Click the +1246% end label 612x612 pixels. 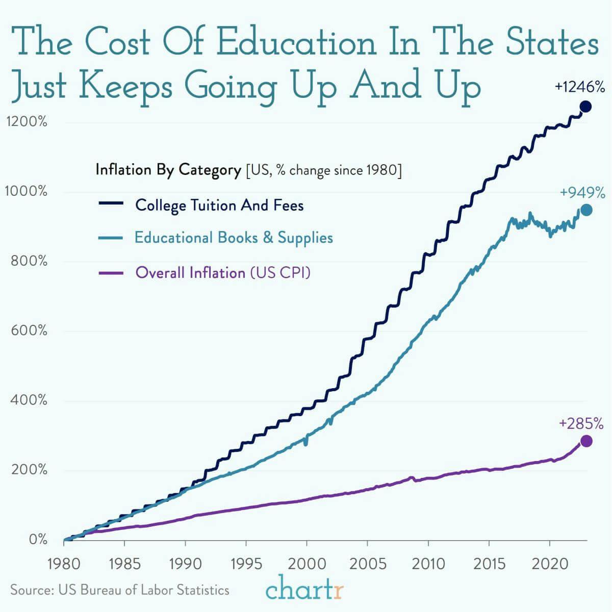[580, 87]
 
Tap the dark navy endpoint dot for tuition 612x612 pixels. [585, 107]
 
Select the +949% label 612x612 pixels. [582, 193]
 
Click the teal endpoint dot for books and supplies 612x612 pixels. [586, 210]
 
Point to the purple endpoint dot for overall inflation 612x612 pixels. [586, 441]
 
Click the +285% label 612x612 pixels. [581, 424]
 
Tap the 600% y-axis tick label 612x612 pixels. [29, 330]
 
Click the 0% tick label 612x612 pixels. [38, 539]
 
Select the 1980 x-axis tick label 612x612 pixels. [63, 564]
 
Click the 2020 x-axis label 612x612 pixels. [549, 564]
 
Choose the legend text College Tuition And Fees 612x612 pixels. [219, 206]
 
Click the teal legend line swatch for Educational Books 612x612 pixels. [111, 238]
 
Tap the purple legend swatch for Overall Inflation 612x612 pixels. [111, 273]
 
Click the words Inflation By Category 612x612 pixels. [168, 170]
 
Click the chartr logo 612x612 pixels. [305, 590]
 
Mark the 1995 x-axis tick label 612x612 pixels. [246, 564]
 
